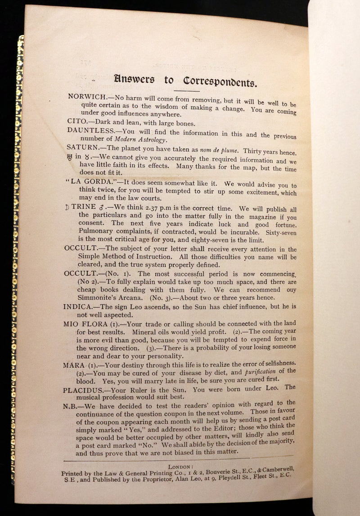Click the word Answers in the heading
click(x=134, y=80)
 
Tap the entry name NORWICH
click(x=86, y=96)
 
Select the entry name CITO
click(x=76, y=121)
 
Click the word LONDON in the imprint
click(x=180, y=467)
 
